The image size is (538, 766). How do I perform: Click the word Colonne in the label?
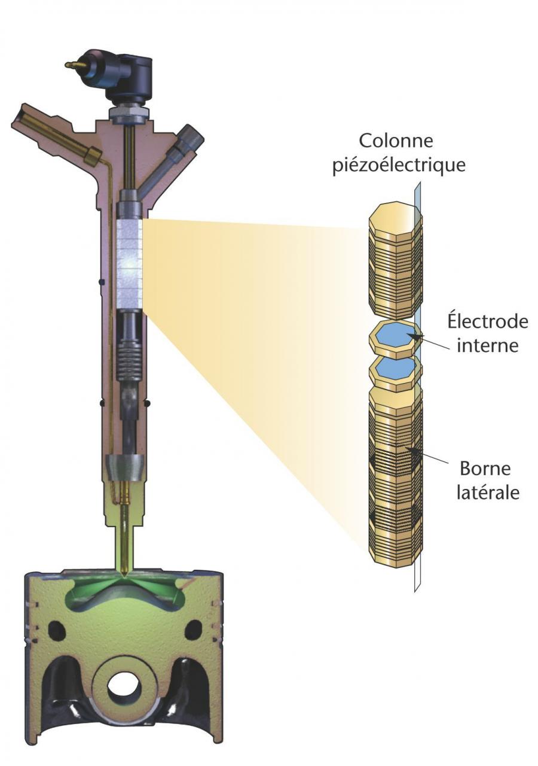[396, 141]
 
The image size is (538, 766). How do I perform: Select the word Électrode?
[487, 321]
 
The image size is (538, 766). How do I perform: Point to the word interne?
[487, 346]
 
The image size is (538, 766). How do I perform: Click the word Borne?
[485, 469]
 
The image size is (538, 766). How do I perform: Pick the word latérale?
[488, 493]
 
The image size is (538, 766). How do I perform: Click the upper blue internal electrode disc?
[396, 337]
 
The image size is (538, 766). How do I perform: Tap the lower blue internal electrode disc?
[396, 369]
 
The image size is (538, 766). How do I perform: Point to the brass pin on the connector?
[74, 65]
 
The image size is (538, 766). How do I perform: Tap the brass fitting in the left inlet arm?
[92, 155]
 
